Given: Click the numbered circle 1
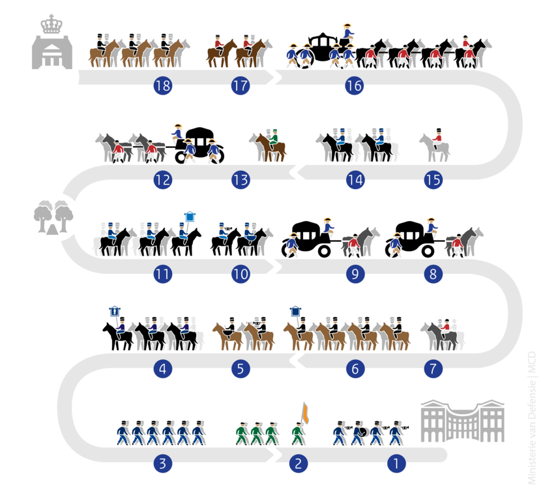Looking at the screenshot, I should [x=396, y=464].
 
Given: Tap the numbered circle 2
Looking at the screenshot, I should [x=298, y=464].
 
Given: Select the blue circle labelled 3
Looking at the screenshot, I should [x=162, y=464].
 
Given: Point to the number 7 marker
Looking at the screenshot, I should [x=433, y=369].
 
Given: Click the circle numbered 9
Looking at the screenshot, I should [x=355, y=275].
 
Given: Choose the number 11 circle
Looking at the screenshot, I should [x=162, y=275].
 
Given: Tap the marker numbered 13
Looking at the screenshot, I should [x=241, y=179].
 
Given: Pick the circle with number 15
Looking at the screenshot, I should [x=433, y=179].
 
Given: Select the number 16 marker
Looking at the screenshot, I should [x=355, y=86].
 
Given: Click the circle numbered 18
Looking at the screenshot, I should [x=162, y=86].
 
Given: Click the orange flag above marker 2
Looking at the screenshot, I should [x=304, y=413].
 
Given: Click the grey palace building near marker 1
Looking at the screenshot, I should [x=462, y=421].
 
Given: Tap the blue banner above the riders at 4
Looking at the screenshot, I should [x=115, y=312].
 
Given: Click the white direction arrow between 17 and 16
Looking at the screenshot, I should [x=271, y=78].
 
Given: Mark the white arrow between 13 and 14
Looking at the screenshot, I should [x=300, y=173].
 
